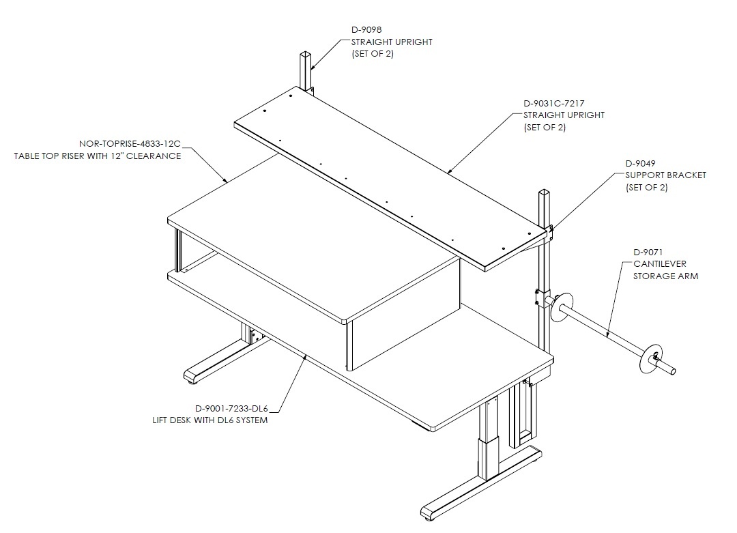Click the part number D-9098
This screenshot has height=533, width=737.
click(366, 29)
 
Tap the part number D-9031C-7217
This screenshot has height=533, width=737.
click(553, 104)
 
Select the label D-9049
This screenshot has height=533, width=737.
click(640, 164)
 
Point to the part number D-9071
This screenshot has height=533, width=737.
click(648, 253)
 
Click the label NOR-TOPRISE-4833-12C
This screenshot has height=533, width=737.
click(130, 144)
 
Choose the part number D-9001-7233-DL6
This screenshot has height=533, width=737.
click(231, 408)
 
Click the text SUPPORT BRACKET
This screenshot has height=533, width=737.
click(665, 175)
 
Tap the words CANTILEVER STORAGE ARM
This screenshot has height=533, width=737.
click(665, 270)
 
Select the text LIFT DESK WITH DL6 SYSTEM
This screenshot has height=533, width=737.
click(210, 420)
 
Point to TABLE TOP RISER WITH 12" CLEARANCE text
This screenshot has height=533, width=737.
click(98, 156)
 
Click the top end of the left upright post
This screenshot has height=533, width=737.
click(304, 53)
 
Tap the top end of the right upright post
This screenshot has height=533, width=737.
click(544, 192)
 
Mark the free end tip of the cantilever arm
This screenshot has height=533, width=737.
click(673, 371)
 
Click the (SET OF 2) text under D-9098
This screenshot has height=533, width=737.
click(373, 54)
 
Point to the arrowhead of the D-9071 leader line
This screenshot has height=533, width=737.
click(608, 335)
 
